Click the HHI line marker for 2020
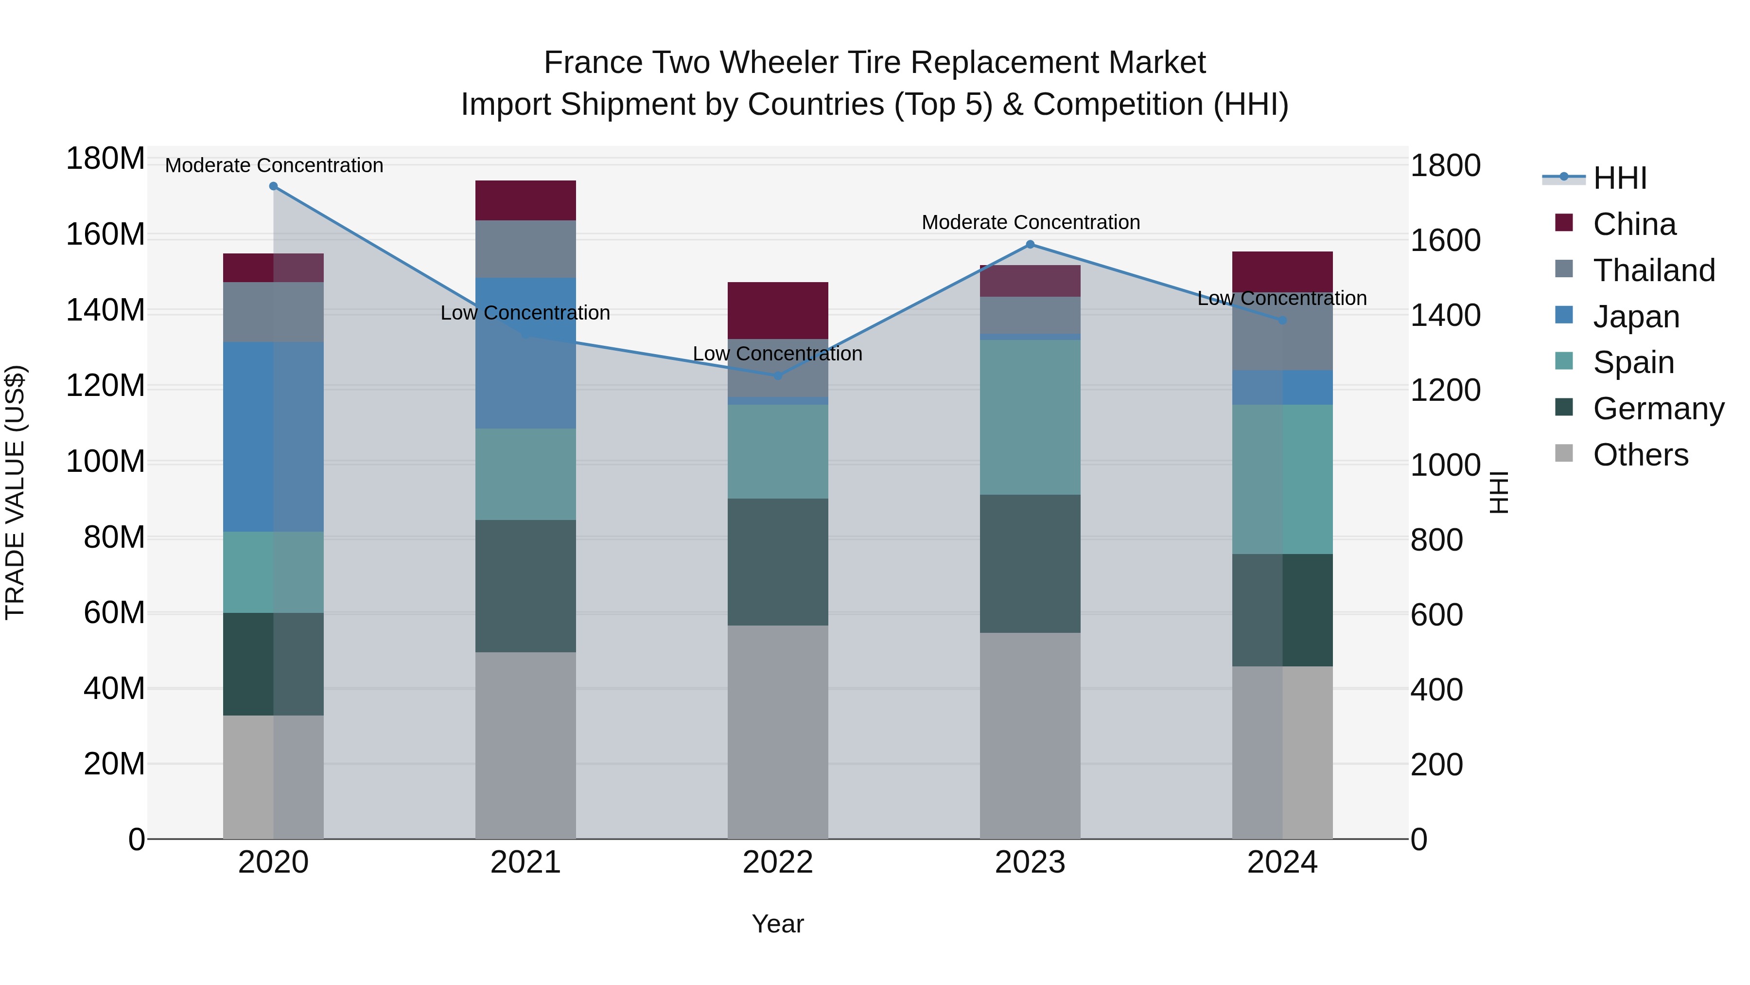pos(273,186)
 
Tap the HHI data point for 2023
pos(1030,245)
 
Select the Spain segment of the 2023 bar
pos(1030,417)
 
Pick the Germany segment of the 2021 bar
pos(525,586)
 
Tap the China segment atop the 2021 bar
pos(525,200)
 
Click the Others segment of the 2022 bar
pos(778,732)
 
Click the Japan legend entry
pos(1636,317)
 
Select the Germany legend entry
pos(1658,409)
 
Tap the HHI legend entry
pos(1620,178)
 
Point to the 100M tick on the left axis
pos(105,462)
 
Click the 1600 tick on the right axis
pos(1446,241)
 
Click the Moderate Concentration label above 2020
pos(274,166)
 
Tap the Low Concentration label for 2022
pos(777,354)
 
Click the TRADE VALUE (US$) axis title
pos(15,492)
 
